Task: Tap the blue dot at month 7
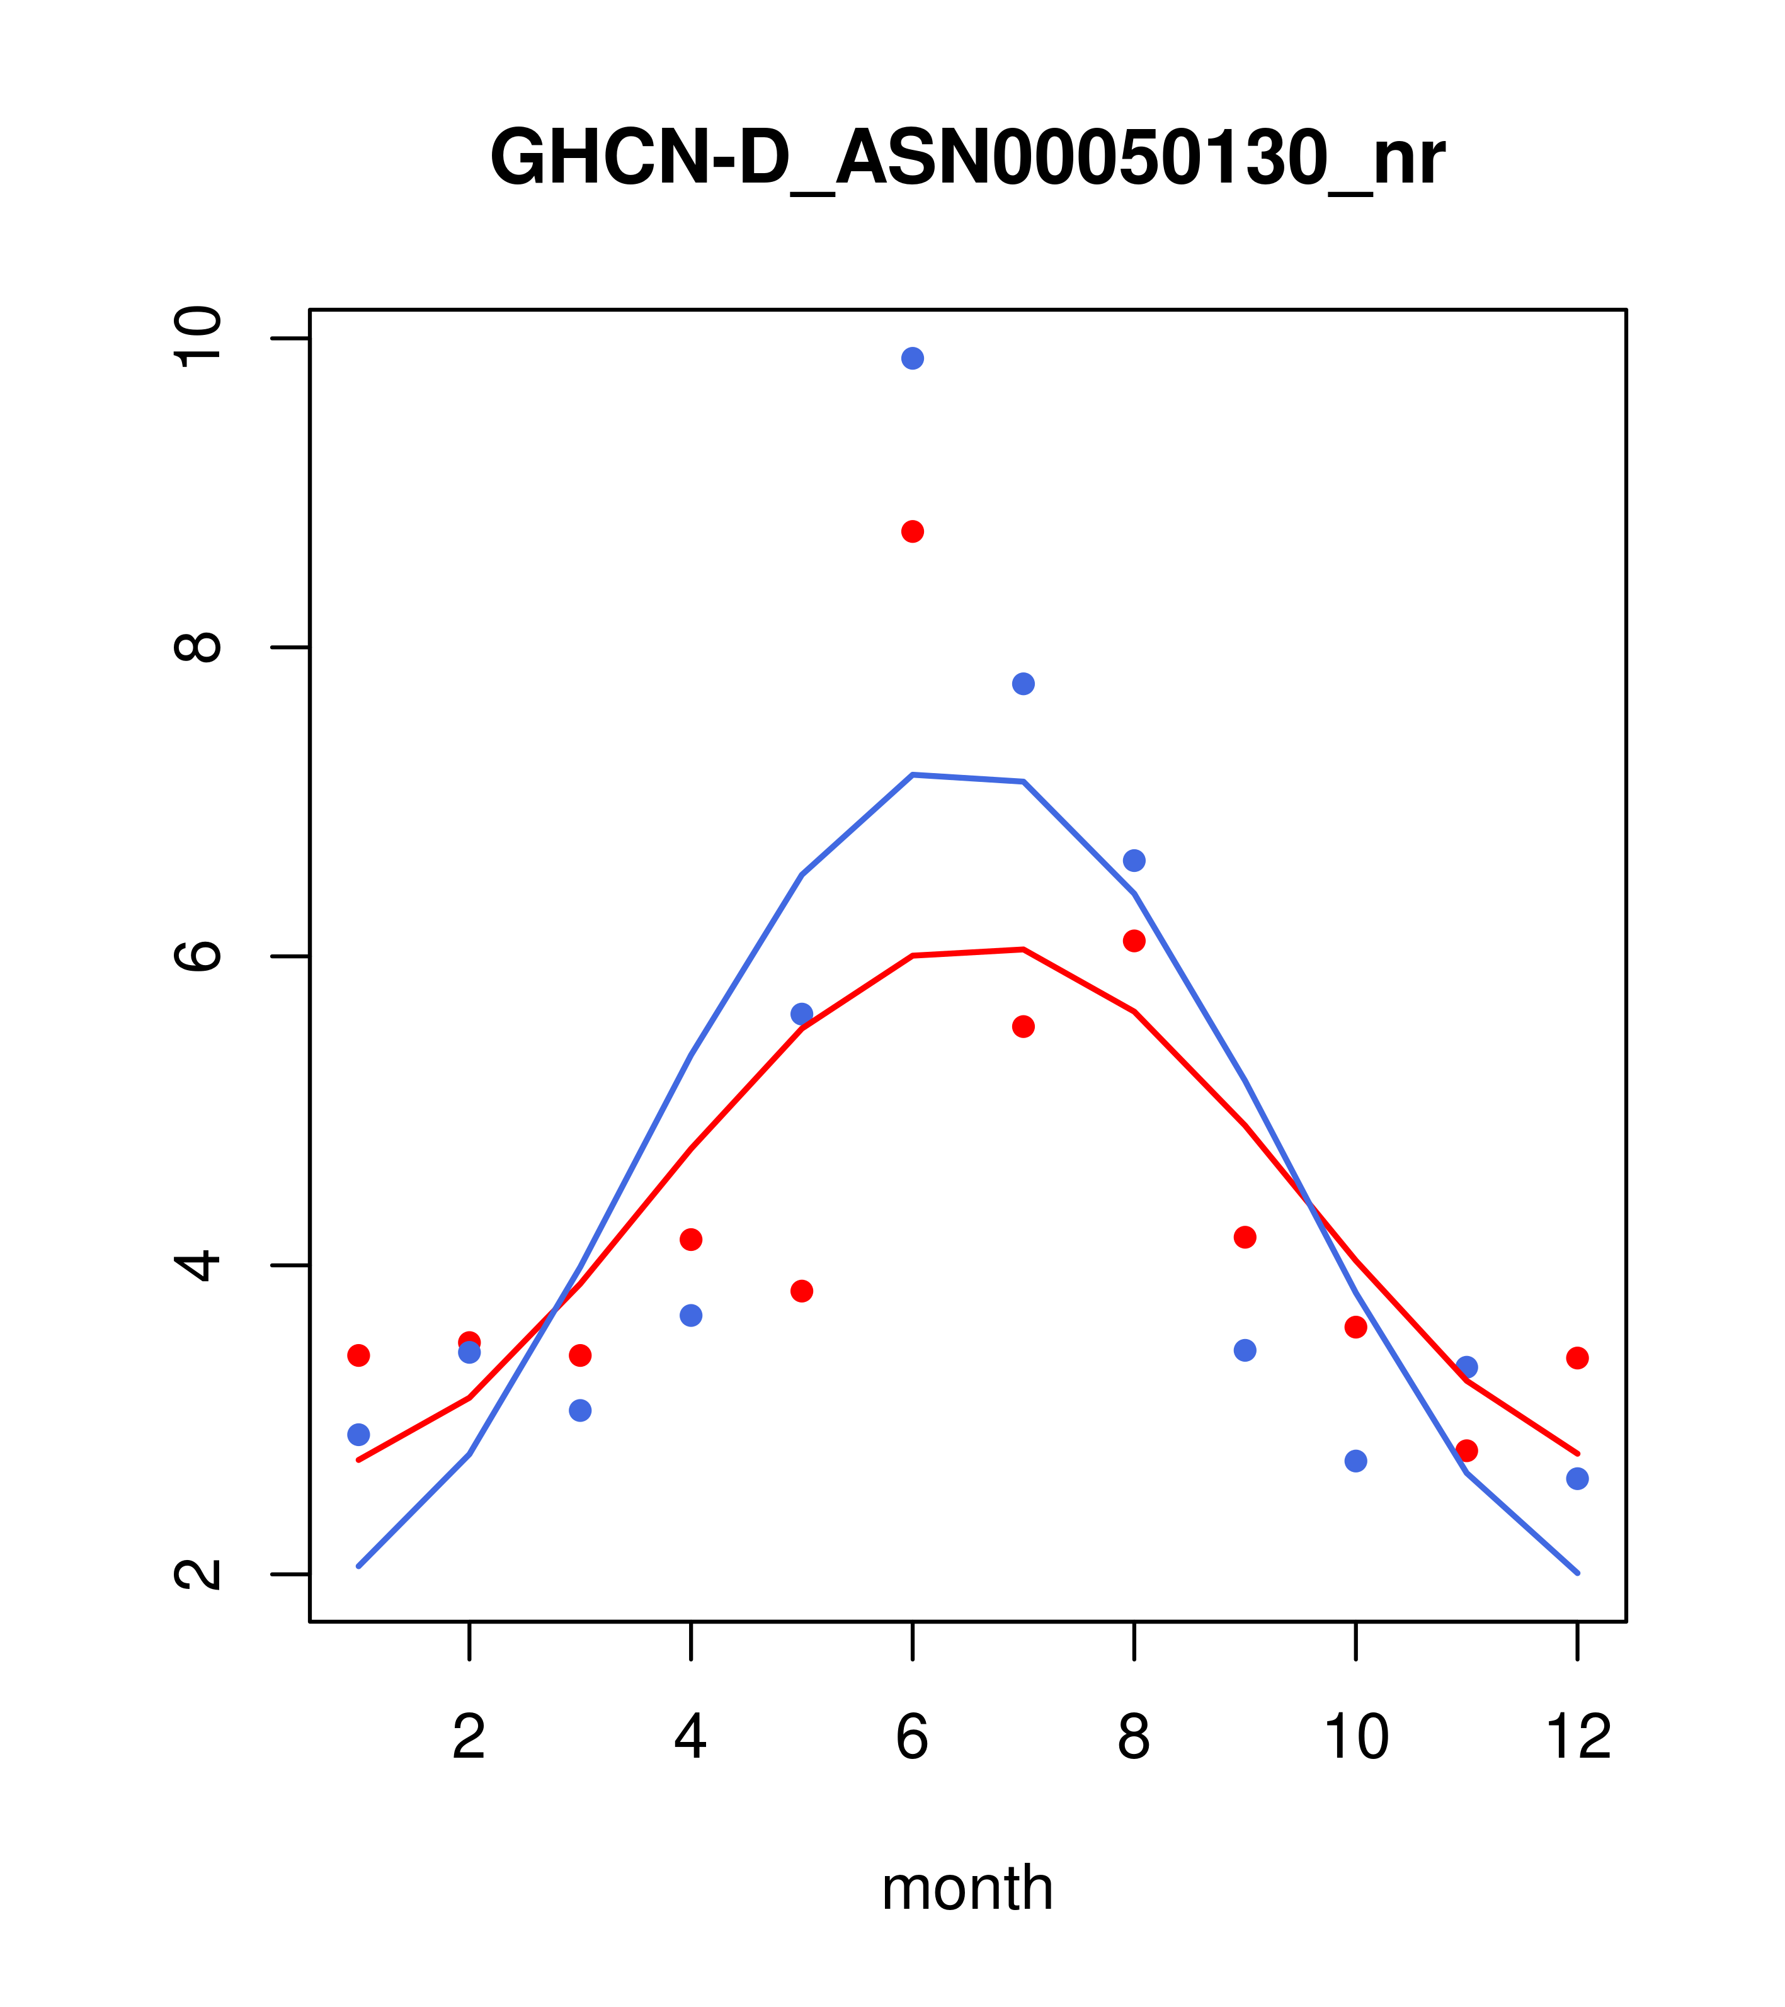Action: point(1023,684)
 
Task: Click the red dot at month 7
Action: point(1023,1026)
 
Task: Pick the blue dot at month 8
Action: point(1134,860)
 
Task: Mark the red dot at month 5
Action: point(802,1290)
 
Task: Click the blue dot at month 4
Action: point(690,1314)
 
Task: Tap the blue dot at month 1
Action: point(358,1435)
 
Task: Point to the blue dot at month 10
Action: point(1355,1461)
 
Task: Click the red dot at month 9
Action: point(1245,1237)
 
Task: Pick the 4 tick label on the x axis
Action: point(690,1737)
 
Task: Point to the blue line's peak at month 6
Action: point(913,775)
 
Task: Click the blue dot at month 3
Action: point(579,1410)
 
